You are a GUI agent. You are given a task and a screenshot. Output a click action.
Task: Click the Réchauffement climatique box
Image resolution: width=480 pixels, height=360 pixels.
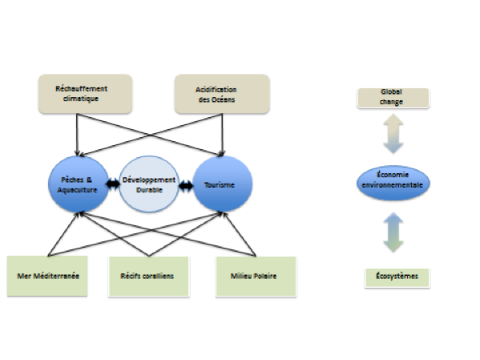click(x=86, y=94)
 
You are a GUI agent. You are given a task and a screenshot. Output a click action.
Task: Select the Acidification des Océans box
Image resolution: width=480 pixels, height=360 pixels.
click(x=222, y=94)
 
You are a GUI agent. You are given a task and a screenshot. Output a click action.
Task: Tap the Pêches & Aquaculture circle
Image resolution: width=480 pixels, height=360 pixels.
click(x=79, y=184)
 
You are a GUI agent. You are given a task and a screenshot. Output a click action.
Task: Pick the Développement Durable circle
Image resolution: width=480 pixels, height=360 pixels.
click(x=149, y=184)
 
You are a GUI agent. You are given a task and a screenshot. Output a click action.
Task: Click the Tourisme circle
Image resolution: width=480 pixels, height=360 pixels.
click(x=223, y=184)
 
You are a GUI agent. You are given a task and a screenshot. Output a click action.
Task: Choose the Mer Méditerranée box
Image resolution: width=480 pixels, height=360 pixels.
click(x=47, y=276)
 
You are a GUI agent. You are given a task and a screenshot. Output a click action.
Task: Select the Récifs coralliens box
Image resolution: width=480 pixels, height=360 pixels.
click(x=149, y=277)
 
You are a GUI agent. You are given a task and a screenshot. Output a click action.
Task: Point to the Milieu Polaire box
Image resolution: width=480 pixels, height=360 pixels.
click(x=256, y=277)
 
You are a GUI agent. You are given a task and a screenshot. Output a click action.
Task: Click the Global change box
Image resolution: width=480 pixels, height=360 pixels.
click(x=393, y=98)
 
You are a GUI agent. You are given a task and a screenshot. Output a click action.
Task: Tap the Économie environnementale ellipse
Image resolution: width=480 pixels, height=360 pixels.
click(x=393, y=183)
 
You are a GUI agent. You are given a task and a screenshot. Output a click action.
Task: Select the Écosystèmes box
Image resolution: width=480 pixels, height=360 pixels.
click(x=397, y=278)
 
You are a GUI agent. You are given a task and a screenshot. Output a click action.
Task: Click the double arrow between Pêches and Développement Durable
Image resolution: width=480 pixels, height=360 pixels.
click(x=113, y=184)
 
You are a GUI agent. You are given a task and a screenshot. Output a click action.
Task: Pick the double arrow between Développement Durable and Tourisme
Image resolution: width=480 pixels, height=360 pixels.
click(x=186, y=186)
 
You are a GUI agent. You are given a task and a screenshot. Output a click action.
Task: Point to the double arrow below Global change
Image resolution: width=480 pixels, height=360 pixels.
click(x=393, y=134)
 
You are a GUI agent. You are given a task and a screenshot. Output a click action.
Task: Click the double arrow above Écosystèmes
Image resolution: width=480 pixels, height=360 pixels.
click(x=393, y=233)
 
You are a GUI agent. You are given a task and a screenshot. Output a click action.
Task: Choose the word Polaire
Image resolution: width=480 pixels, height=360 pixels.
click(x=264, y=276)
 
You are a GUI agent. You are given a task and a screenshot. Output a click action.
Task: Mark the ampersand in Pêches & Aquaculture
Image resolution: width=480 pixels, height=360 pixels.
click(x=89, y=180)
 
